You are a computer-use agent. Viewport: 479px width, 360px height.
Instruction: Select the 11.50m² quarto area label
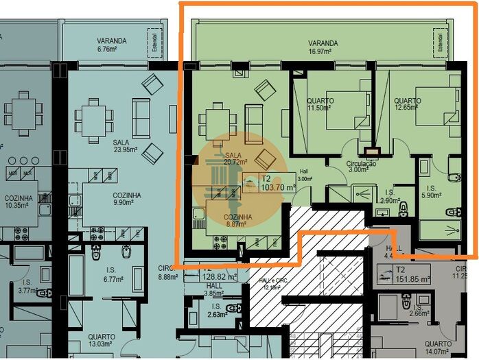coord(320,104)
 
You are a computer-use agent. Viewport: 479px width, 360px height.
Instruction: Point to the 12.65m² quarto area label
coord(407,104)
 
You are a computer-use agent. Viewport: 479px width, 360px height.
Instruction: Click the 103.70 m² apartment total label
coord(278,186)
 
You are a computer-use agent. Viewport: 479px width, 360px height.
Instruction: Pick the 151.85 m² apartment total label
coord(414,279)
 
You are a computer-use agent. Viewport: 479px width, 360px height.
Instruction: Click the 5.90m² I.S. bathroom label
coord(432,191)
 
